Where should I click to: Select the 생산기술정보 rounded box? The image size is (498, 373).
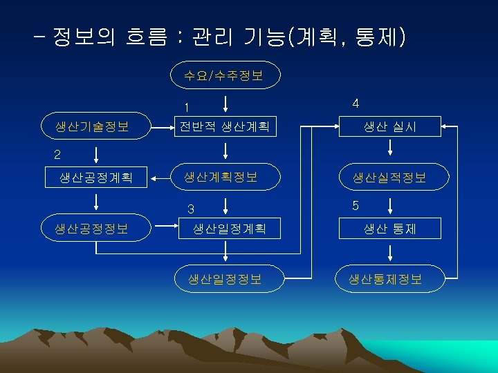click(x=95, y=126)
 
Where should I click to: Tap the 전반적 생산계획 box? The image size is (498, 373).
click(x=224, y=126)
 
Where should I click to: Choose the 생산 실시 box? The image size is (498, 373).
click(x=390, y=126)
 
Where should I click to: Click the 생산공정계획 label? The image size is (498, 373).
click(x=95, y=178)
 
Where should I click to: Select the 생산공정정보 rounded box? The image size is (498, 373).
click(x=95, y=228)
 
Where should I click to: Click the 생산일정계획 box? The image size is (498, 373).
click(x=229, y=228)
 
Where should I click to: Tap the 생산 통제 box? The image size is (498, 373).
click(x=390, y=228)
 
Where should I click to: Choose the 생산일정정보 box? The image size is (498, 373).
click(x=225, y=278)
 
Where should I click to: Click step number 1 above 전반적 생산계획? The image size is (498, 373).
click(x=187, y=107)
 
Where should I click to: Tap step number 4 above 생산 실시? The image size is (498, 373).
click(x=356, y=104)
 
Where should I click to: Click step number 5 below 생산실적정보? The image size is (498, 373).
click(x=356, y=205)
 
